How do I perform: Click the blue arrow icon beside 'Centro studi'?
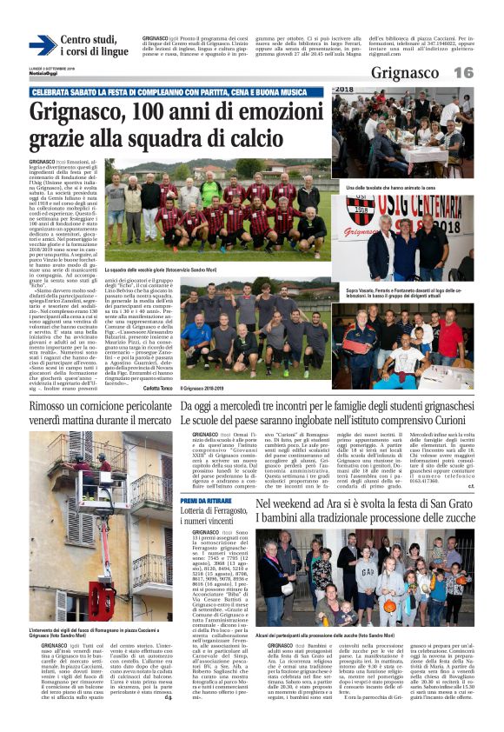[43, 45]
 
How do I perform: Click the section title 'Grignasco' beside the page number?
[405, 73]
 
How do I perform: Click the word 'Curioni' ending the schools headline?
[472, 421]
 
